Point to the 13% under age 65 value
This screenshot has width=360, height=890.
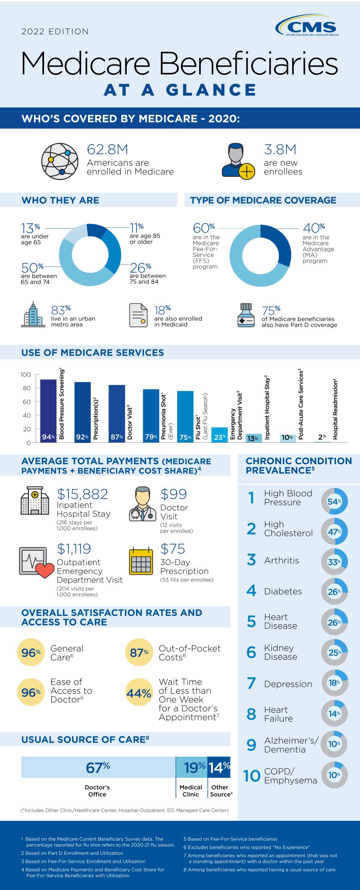click(x=30, y=228)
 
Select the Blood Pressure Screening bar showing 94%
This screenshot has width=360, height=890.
click(x=48, y=411)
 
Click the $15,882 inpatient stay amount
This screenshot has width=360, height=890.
click(x=82, y=494)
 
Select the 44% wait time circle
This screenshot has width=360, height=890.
click(x=139, y=693)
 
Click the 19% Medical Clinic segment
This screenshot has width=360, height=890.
click(x=192, y=767)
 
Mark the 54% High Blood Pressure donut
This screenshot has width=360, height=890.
click(x=334, y=501)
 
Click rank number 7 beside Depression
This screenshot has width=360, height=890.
click(x=251, y=683)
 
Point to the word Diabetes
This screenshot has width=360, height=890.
click(x=283, y=591)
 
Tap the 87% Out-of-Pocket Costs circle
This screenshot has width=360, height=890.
click(x=139, y=653)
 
